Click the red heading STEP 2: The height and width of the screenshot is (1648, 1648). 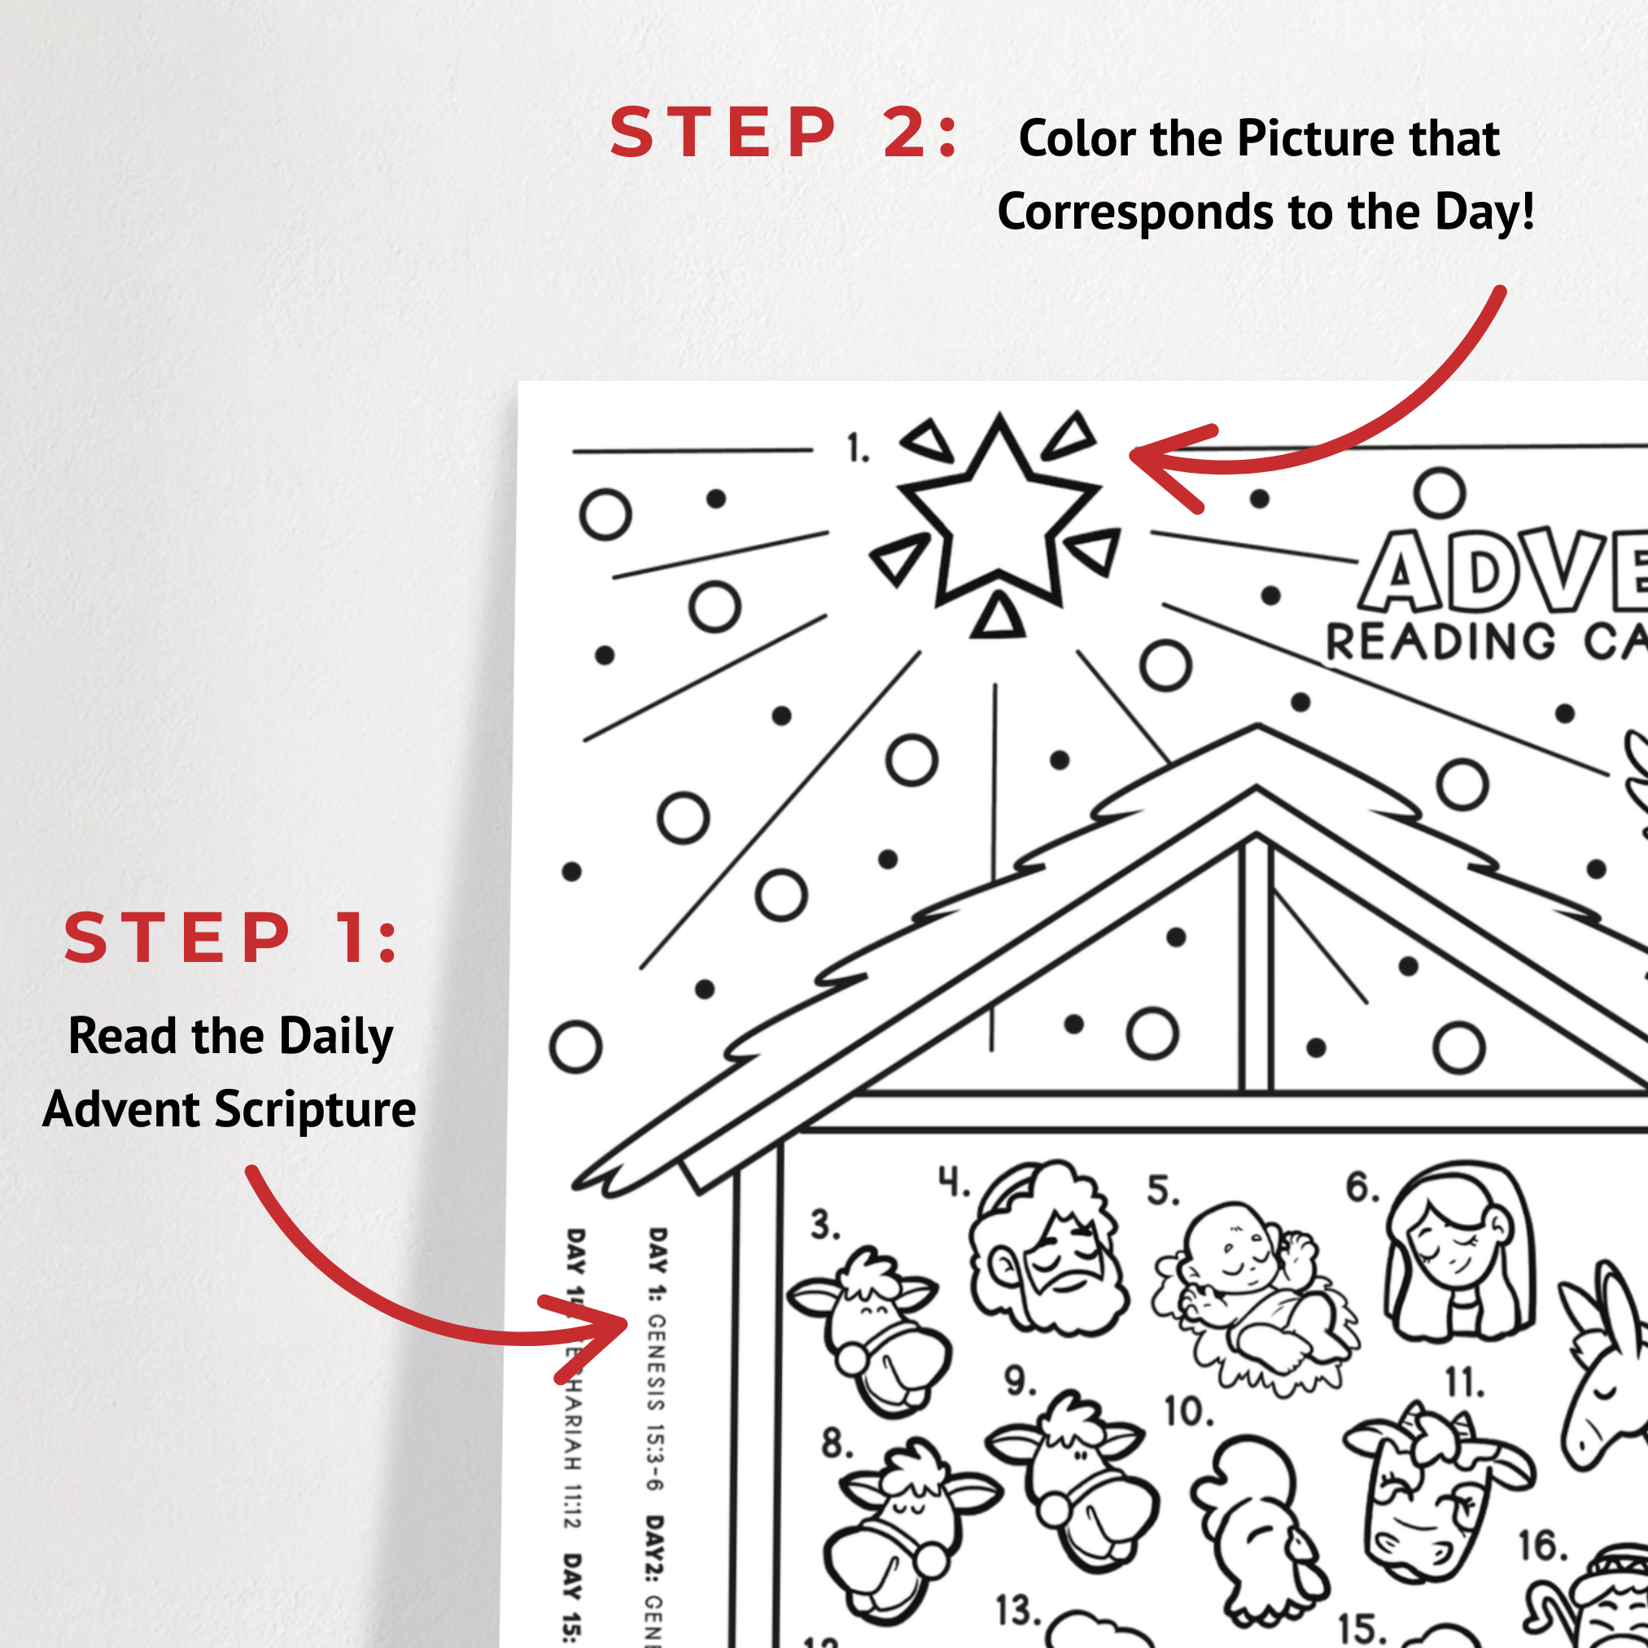point(783,133)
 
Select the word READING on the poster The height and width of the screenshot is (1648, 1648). point(1440,642)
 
